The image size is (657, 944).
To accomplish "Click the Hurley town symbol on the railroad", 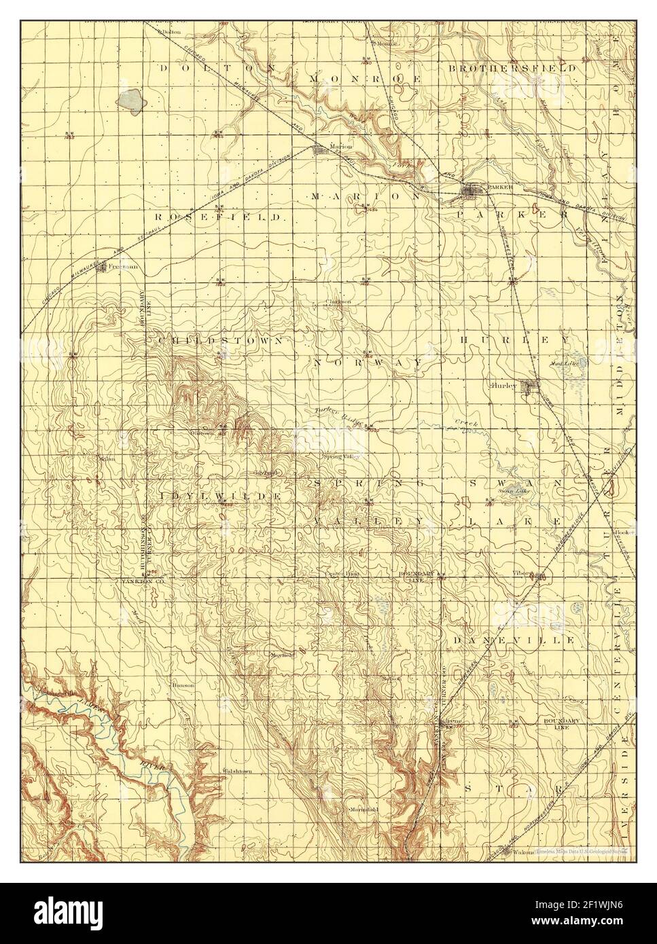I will (x=531, y=386).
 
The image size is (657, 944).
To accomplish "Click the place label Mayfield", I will (x=282, y=655).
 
